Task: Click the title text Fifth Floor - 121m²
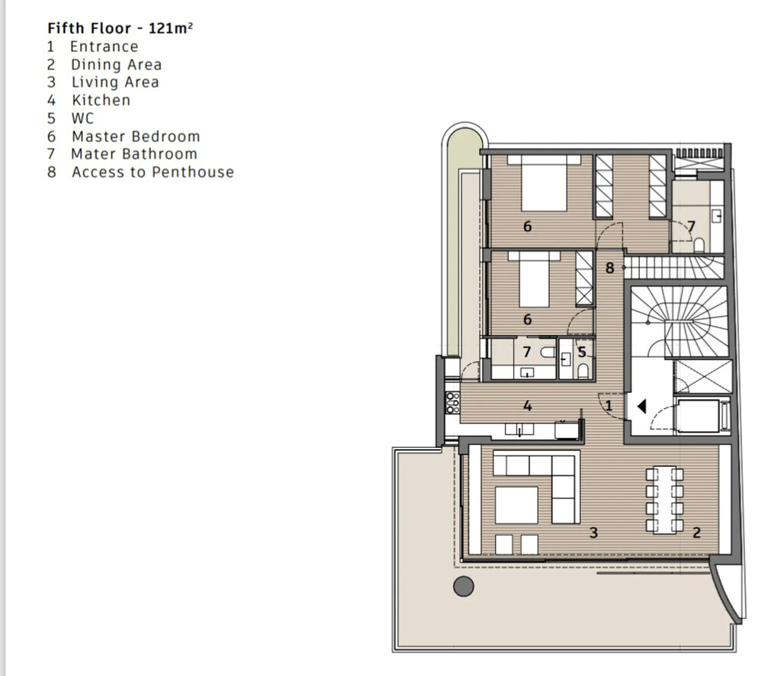[120, 28]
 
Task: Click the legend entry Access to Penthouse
[153, 172]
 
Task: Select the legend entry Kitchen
[101, 100]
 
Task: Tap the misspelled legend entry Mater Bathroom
[134, 154]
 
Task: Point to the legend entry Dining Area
[117, 65]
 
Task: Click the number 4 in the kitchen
[528, 406]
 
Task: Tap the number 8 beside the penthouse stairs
[609, 268]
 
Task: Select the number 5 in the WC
[582, 352]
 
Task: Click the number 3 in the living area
[593, 533]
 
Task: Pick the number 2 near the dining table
[697, 533]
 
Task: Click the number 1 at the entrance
[609, 405]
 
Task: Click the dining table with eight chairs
[664, 500]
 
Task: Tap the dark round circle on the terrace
[464, 586]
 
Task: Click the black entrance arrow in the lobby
[641, 407]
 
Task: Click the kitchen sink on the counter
[519, 430]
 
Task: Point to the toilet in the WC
[583, 370]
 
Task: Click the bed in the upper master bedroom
[544, 183]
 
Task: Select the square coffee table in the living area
[516, 505]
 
